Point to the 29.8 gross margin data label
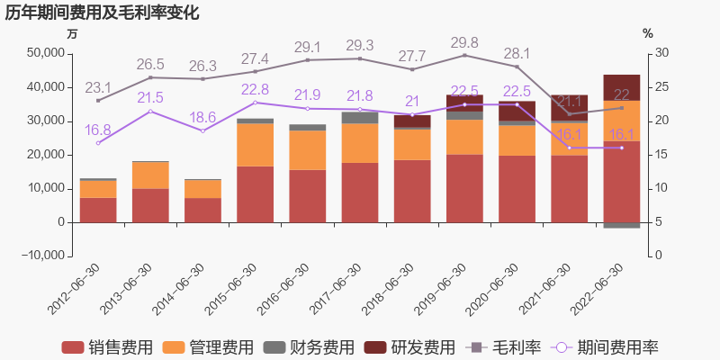point(464,42)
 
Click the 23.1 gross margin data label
point(98,87)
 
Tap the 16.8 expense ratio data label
point(98,130)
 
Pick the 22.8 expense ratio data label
point(255,89)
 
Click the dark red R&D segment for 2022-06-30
point(621,87)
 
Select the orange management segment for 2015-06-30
point(255,144)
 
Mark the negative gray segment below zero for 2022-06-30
point(621,225)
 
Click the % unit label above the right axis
point(647,33)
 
